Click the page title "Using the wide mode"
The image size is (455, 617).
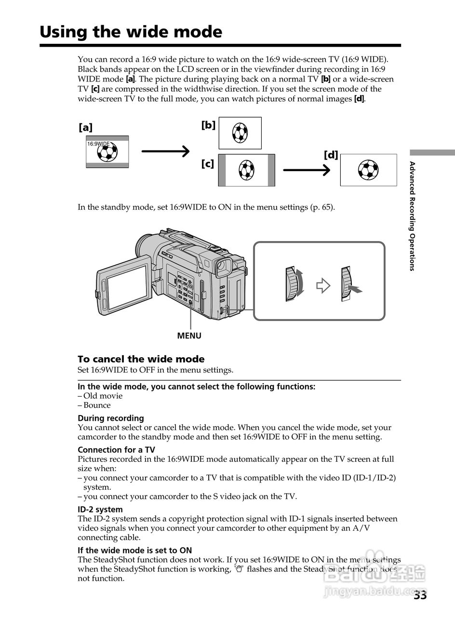click(x=131, y=32)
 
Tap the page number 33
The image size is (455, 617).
click(x=420, y=595)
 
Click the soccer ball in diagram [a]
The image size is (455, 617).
click(x=107, y=153)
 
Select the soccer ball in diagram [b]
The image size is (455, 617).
click(x=240, y=132)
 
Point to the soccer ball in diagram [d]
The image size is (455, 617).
click(x=368, y=170)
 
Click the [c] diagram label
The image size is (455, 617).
click(x=208, y=164)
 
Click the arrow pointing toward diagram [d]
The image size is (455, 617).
click(x=307, y=170)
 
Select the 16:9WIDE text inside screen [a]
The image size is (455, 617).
click(x=98, y=144)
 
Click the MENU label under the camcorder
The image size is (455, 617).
click(x=189, y=335)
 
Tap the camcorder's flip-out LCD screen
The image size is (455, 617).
click(x=127, y=288)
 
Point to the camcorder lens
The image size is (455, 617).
click(x=141, y=246)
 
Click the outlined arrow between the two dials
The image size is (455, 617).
click(x=323, y=286)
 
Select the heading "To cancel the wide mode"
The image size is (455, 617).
click(x=141, y=359)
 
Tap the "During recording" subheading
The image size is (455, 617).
click(x=111, y=418)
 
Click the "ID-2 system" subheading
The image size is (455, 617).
click(x=100, y=509)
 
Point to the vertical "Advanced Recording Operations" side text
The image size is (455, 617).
click(x=412, y=216)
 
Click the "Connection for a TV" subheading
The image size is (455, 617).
click(x=116, y=450)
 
